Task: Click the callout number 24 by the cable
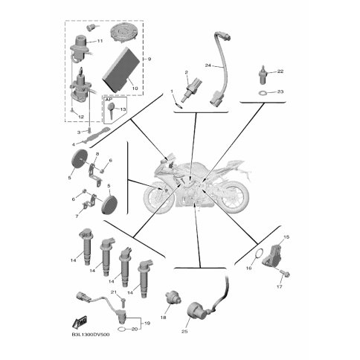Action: pos(208,65)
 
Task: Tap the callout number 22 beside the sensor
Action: pos(280,71)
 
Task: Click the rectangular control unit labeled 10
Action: pos(121,69)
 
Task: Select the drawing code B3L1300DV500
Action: pos(91,335)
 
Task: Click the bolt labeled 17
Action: pos(285,274)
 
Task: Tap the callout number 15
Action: pos(286,237)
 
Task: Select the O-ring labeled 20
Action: pos(121,330)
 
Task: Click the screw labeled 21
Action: pos(123,303)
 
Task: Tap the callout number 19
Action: pos(147,324)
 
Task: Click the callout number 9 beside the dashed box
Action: pos(150,59)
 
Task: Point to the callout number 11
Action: pos(100,41)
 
